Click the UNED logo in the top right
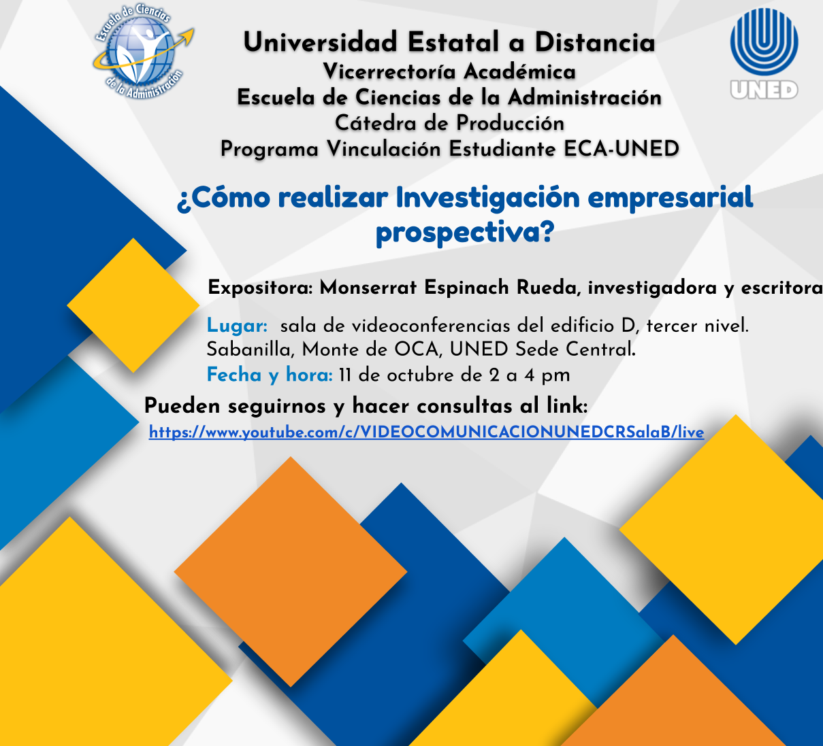tap(764, 54)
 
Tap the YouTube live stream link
tap(426, 432)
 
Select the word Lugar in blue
tap(237, 326)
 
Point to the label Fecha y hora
tap(269, 375)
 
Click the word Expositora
tap(260, 288)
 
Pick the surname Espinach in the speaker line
tap(466, 288)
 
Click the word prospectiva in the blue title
tap(465, 233)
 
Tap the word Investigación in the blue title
tap(488, 198)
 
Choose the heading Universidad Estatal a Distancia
tap(449, 41)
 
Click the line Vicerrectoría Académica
tap(449, 71)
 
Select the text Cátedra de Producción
tap(449, 123)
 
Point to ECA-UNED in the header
tap(621, 148)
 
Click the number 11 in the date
tap(344, 375)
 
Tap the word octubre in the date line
tap(414, 375)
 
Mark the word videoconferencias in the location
tap(431, 326)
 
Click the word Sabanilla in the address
tap(251, 350)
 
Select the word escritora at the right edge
tap(781, 288)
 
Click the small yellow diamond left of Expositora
tap(133, 305)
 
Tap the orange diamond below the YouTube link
tap(291, 572)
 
